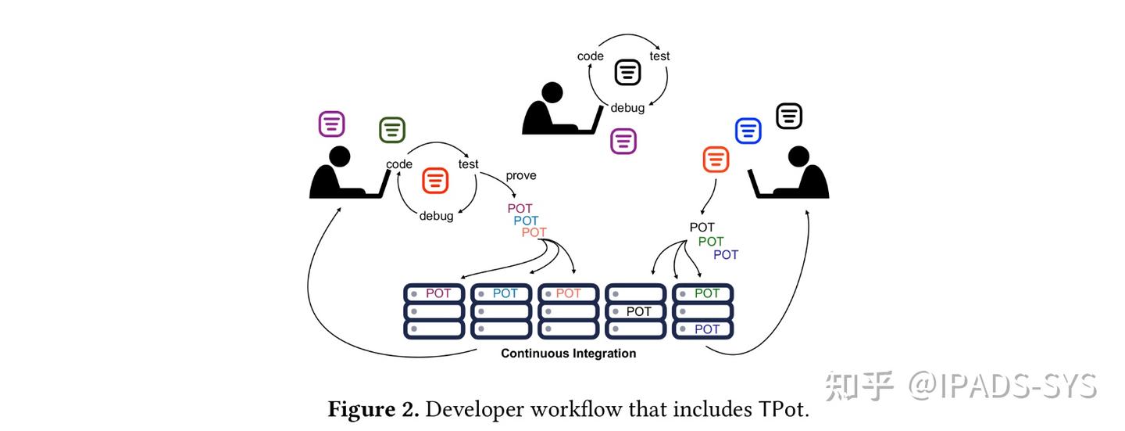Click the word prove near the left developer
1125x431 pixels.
(521, 175)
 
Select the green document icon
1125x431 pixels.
(392, 131)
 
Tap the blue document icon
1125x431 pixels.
(748, 131)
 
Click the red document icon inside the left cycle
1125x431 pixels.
(435, 181)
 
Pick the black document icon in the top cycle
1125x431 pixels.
(628, 73)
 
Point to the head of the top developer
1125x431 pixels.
(552, 92)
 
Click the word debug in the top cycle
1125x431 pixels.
(627, 108)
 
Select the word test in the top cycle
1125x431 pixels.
(659, 56)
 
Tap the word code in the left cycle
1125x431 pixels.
(399, 164)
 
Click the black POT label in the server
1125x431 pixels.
(639, 312)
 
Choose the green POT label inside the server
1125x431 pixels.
(707, 293)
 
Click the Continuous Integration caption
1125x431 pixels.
(569, 354)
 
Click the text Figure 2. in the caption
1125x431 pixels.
(373, 409)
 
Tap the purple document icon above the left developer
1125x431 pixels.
(331, 124)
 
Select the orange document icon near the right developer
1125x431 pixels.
(716, 160)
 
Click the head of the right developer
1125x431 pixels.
(798, 156)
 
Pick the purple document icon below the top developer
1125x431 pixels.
(623, 142)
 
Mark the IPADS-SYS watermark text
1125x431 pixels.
(1002, 386)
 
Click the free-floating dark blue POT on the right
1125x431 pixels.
(726, 255)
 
